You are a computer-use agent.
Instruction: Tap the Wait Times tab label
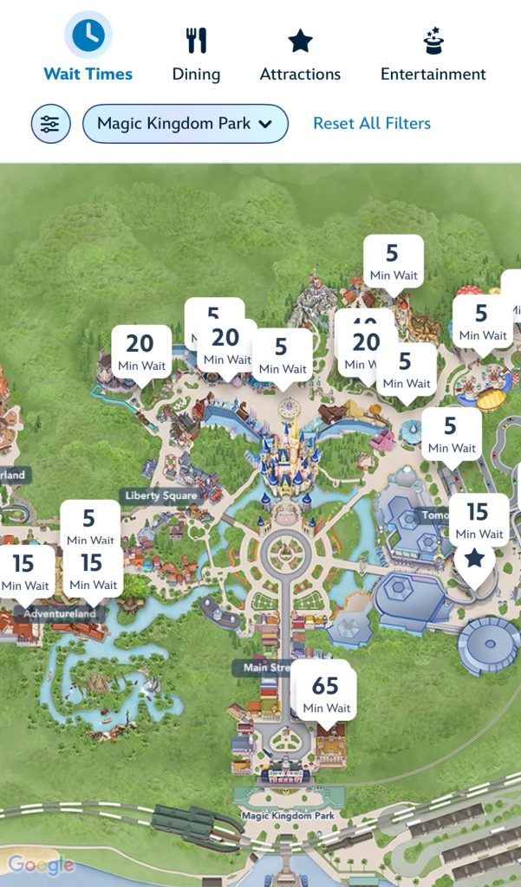pyautogui.click(x=88, y=74)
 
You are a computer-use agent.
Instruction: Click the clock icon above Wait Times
pyautogui.click(x=88, y=36)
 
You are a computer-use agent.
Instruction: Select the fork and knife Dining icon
pyautogui.click(x=196, y=40)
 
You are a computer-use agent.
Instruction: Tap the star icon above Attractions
pyautogui.click(x=300, y=41)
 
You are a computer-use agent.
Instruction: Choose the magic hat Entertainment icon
pyautogui.click(x=433, y=40)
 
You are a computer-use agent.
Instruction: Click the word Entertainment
pyautogui.click(x=433, y=74)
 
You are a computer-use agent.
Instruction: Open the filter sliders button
pyautogui.click(x=50, y=124)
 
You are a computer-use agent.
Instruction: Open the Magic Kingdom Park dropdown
pyautogui.click(x=185, y=124)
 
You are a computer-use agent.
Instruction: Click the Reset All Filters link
pyautogui.click(x=372, y=124)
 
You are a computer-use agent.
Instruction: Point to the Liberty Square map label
pyautogui.click(x=161, y=496)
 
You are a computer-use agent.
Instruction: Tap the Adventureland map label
pyautogui.click(x=59, y=614)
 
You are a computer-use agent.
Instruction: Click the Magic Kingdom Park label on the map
pyautogui.click(x=288, y=816)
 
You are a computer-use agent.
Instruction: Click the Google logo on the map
pyautogui.click(x=41, y=864)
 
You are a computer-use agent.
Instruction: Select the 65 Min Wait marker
pyautogui.click(x=325, y=693)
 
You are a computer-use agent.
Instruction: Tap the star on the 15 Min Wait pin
pyautogui.click(x=473, y=559)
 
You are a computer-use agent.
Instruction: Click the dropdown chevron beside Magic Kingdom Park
pyautogui.click(x=265, y=124)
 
